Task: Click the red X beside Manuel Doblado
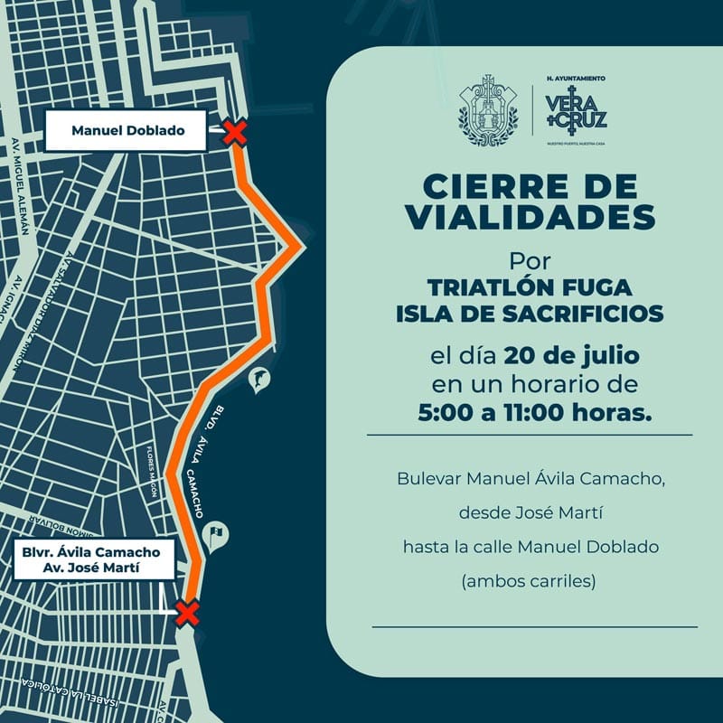[235, 134]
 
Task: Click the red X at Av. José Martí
[187, 613]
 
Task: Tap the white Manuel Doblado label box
[127, 131]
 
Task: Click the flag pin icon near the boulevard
[217, 536]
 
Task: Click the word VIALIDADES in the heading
[530, 217]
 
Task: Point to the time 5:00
[446, 413]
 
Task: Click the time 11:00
[535, 413]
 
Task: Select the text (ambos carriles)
[530, 582]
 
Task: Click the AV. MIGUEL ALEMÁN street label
[20, 186]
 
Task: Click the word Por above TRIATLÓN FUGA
[530, 260]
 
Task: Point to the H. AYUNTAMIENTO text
[577, 79]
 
